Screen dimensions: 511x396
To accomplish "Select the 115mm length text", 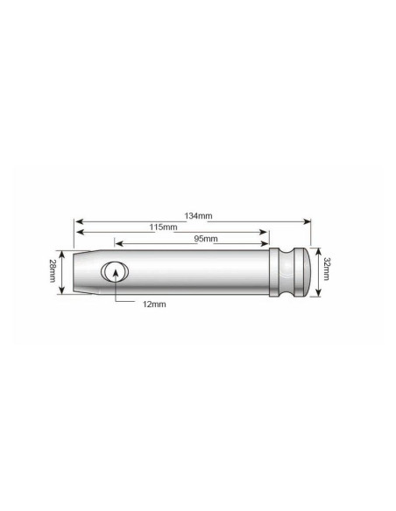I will coord(163,227).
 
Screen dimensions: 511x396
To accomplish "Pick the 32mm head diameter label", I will coord(326,271).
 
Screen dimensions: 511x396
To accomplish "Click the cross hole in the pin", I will coord(113,273).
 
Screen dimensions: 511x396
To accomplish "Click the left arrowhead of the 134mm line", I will coord(77,220).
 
